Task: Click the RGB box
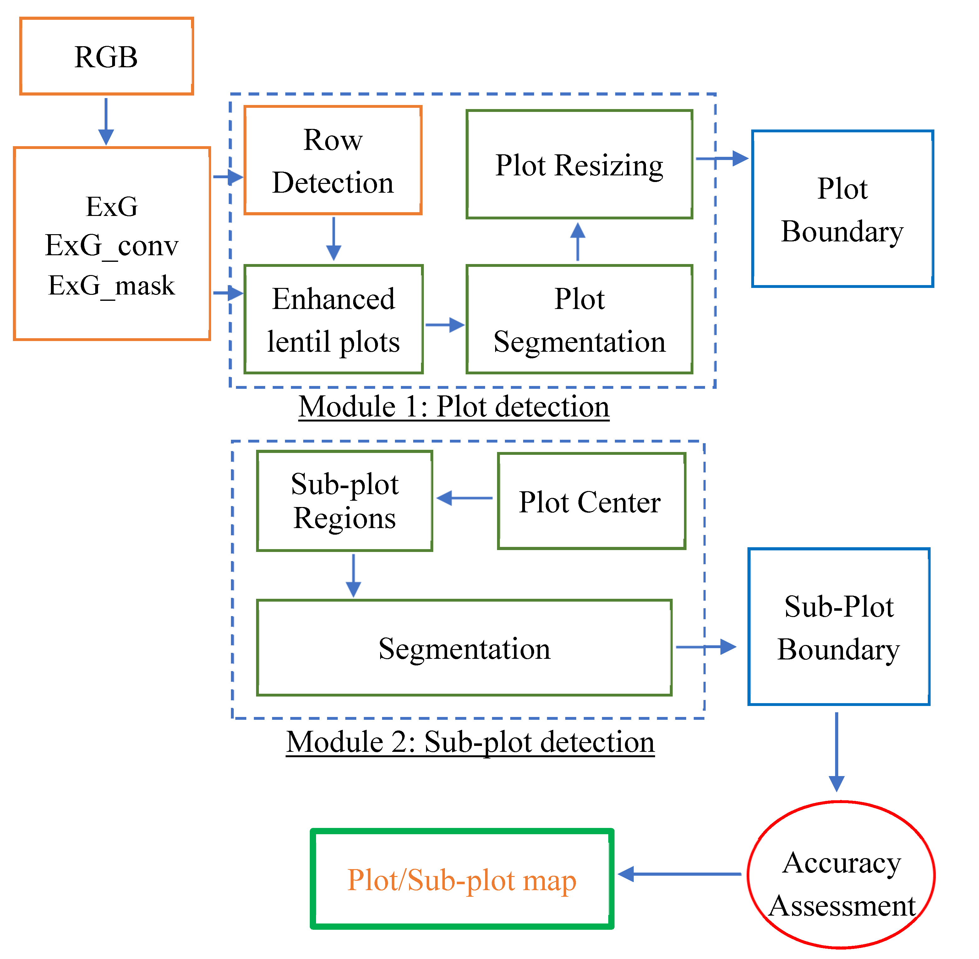pyautogui.click(x=106, y=56)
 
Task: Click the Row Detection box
pyautogui.click(x=333, y=161)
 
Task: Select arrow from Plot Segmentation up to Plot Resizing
pyautogui.click(x=578, y=242)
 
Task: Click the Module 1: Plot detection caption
pyautogui.click(x=454, y=407)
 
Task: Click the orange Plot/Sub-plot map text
pyautogui.click(x=462, y=881)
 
